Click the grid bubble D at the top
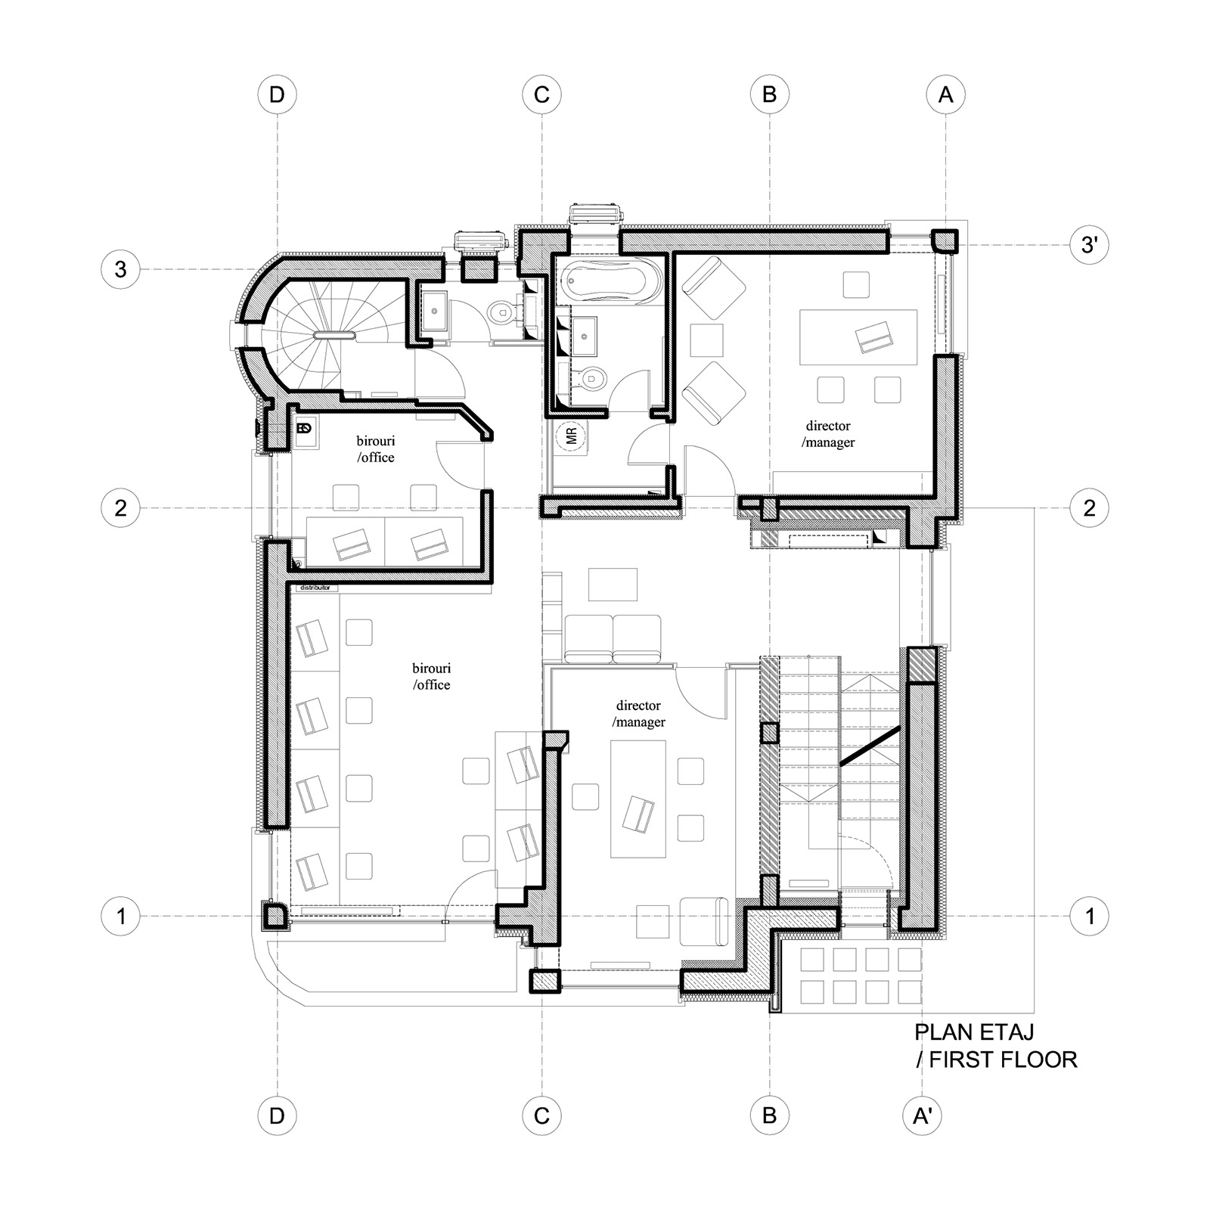(x=277, y=95)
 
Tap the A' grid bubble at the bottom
(x=923, y=1115)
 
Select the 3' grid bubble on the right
(x=1090, y=245)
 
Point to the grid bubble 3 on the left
(x=121, y=269)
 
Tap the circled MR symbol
(x=571, y=436)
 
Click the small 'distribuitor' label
(x=315, y=588)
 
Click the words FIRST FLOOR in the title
(x=1003, y=1060)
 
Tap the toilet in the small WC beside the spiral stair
(x=501, y=312)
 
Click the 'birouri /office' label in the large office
(x=431, y=677)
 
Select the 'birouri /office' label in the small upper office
(x=376, y=449)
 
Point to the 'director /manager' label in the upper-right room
(x=828, y=434)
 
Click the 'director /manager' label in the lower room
(x=639, y=713)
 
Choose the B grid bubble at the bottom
(x=769, y=1115)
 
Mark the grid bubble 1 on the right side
(x=1090, y=916)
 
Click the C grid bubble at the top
(x=541, y=95)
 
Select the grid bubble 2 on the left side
(x=121, y=507)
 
